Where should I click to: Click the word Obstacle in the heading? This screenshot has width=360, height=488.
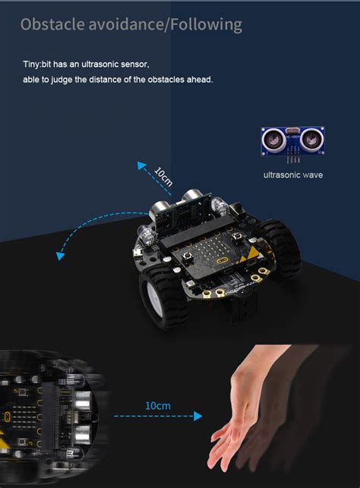click(x=52, y=25)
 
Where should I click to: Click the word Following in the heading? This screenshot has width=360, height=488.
click(x=206, y=25)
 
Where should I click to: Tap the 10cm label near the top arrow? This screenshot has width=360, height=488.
click(x=163, y=176)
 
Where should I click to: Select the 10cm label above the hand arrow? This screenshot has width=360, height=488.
click(x=157, y=405)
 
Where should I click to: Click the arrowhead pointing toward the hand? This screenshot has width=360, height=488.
click(x=199, y=416)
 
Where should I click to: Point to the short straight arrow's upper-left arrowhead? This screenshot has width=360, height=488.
click(x=140, y=164)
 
